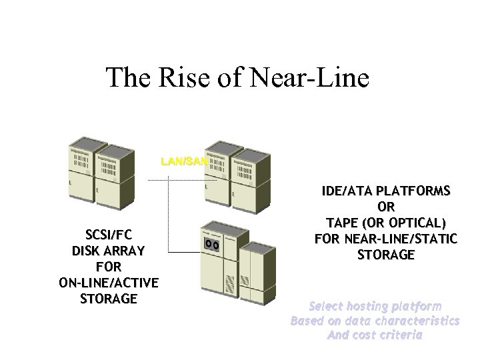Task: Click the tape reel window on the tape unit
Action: tap(213, 244)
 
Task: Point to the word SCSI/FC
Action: tap(109, 235)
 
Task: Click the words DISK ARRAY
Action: tap(109, 251)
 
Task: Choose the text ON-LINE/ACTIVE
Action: tap(109, 282)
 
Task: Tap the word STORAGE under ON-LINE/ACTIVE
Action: tap(109, 298)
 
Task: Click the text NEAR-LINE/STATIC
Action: tap(401, 239)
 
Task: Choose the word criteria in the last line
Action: tap(399, 335)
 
